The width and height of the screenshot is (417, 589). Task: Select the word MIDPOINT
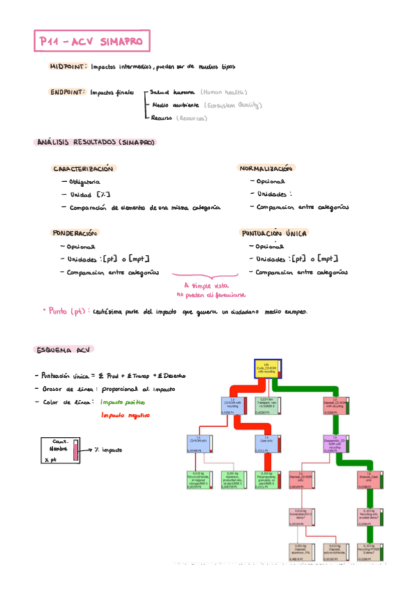tap(67, 67)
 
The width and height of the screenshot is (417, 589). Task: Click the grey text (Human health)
tap(223, 92)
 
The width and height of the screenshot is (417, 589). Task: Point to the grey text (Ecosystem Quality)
tap(232, 106)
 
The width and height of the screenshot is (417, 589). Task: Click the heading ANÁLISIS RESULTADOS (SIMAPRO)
tap(95, 142)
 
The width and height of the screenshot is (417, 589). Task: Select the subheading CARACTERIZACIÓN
tap(83, 169)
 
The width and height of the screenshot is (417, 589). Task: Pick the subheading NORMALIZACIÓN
tap(265, 169)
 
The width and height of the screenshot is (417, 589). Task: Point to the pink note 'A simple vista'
tap(208, 285)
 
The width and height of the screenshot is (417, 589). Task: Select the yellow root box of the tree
tap(266, 370)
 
